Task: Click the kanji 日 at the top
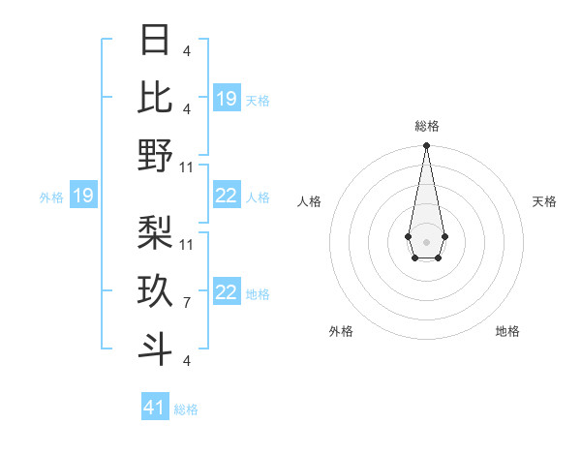[x=156, y=41]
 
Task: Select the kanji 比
[x=156, y=97]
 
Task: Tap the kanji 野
[x=156, y=155]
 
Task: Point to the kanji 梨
[x=156, y=231]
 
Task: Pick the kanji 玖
[x=156, y=290]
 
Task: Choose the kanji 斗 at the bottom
[x=156, y=349]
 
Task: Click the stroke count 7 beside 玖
[x=187, y=303]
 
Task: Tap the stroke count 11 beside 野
[x=187, y=167]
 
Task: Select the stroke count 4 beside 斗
[x=187, y=361]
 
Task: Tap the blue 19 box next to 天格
[x=227, y=99]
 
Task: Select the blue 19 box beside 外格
[x=83, y=197]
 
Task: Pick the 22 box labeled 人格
[x=227, y=197]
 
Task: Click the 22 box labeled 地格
[x=227, y=293]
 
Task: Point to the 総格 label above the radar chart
[x=426, y=126]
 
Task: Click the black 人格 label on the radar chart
[x=309, y=201]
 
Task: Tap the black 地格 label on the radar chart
[x=507, y=332]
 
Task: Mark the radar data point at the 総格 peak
[x=426, y=146]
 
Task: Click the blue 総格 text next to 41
[x=186, y=409]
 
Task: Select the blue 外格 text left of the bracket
[x=51, y=197]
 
